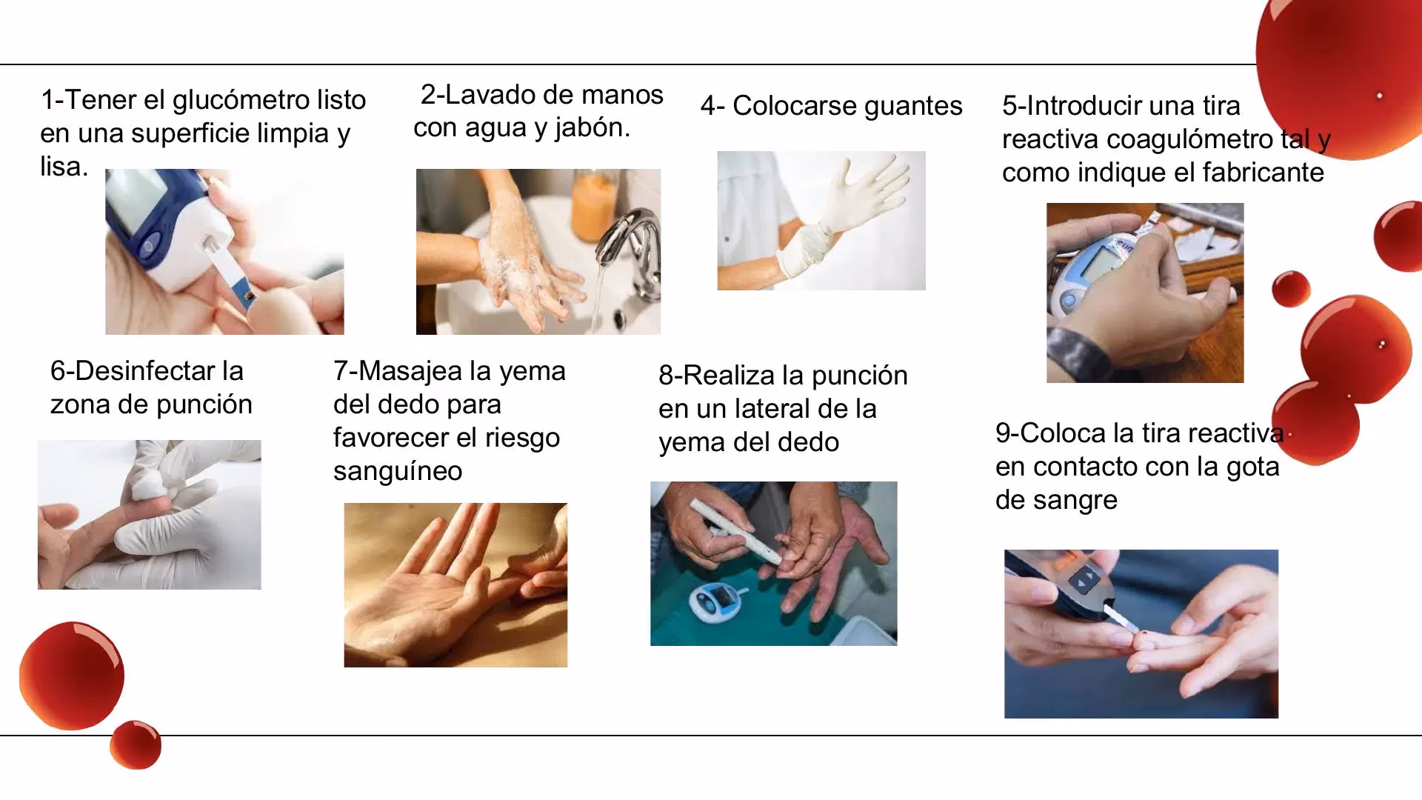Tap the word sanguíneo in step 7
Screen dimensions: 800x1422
398,471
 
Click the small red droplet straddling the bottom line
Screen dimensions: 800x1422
136,744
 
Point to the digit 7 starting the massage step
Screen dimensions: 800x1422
340,371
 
